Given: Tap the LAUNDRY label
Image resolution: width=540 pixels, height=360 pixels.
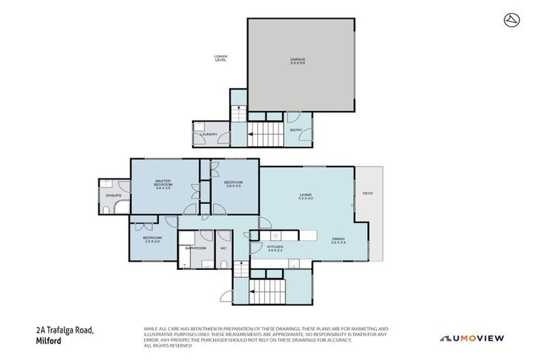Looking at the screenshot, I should (x=208, y=134).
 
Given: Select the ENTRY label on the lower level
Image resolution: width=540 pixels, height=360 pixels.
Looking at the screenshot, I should (x=295, y=129).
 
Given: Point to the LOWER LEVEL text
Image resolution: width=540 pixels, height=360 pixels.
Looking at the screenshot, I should (x=221, y=58).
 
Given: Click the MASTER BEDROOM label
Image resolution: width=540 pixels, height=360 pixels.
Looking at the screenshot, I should (x=163, y=185).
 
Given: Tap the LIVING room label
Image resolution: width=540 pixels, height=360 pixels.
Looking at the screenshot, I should (x=305, y=196).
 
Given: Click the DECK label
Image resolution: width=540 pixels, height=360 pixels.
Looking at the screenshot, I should (x=367, y=193).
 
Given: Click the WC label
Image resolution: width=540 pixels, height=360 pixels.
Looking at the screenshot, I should (x=224, y=247).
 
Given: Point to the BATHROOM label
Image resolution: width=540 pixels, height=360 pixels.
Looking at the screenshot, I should (x=195, y=247).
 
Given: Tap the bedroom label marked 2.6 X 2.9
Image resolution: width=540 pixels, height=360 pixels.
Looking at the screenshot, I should (x=152, y=240).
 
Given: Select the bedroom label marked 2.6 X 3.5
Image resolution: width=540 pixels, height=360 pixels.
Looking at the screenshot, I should (x=233, y=185).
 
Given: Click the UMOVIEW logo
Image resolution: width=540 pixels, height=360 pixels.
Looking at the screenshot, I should (x=472, y=338).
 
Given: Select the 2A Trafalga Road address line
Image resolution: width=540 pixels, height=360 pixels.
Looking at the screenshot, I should (x=64, y=330).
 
